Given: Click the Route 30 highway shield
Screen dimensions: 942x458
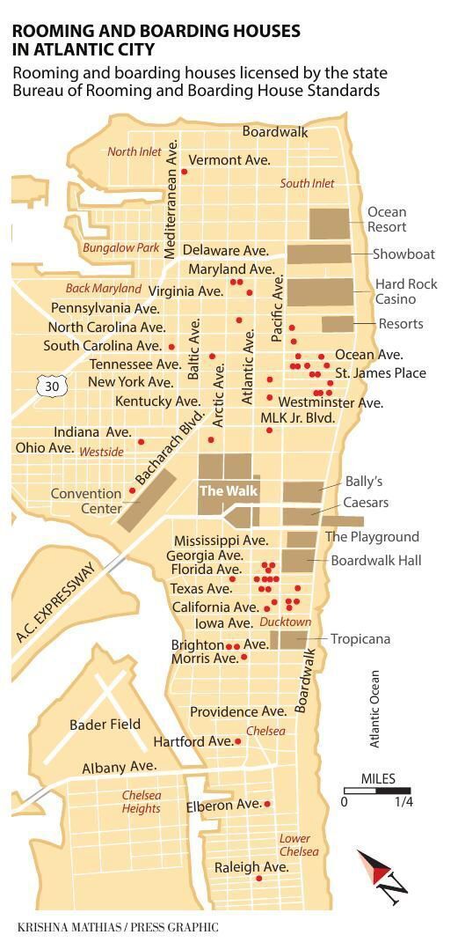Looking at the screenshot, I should (51, 386).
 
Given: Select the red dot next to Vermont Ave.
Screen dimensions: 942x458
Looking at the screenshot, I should (184, 172).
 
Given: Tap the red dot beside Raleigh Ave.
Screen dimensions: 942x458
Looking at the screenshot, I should (258, 878).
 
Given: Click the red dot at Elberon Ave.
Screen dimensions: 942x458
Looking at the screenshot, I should (267, 803).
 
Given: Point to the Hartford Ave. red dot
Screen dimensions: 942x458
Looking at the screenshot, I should (237, 741).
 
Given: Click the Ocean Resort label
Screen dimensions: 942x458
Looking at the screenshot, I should (387, 219).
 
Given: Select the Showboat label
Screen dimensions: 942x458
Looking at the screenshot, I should (403, 254).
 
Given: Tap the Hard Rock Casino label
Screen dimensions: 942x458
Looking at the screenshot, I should (405, 291).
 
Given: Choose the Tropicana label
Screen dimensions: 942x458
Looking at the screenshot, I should (360, 638).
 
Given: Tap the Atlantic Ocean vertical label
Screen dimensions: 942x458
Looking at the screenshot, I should (374, 709).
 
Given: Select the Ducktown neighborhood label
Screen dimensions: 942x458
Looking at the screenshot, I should (285, 622).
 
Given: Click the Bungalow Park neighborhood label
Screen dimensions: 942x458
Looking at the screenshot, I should (120, 248).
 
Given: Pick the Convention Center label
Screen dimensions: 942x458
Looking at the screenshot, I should (85, 501).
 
